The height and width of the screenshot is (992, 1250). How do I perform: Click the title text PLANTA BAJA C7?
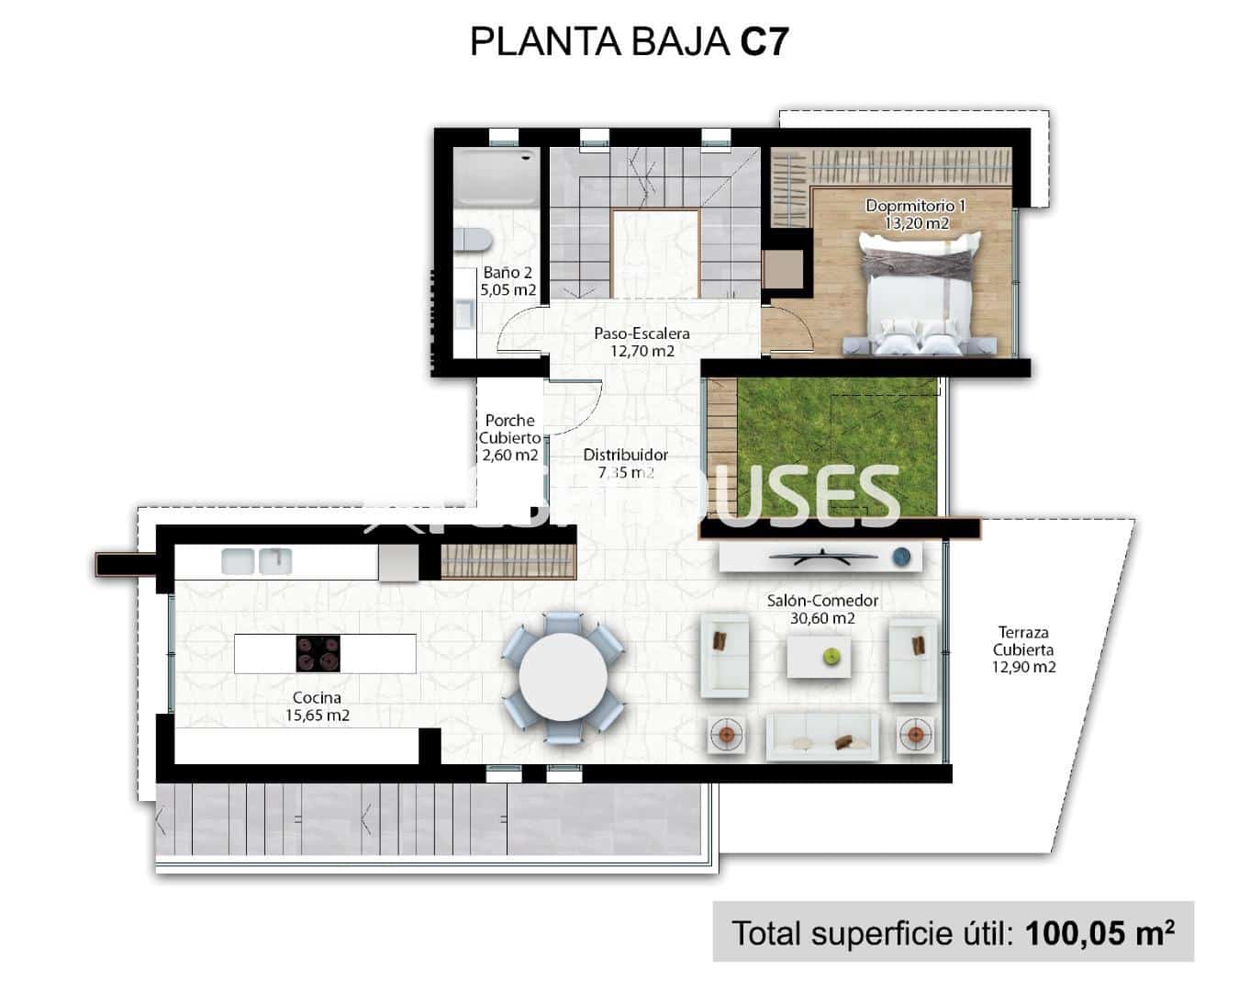click(x=629, y=42)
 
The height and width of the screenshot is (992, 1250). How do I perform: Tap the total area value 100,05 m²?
click(x=1099, y=933)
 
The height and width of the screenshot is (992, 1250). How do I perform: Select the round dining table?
click(x=563, y=679)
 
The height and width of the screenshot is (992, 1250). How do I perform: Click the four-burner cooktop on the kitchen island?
click(x=318, y=654)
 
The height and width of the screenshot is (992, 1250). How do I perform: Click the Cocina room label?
click(x=318, y=698)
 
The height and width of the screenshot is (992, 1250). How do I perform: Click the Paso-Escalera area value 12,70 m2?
click(x=642, y=351)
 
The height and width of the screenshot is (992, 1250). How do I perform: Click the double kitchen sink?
click(x=256, y=560)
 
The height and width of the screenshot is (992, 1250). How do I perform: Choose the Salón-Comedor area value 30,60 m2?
click(x=822, y=618)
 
